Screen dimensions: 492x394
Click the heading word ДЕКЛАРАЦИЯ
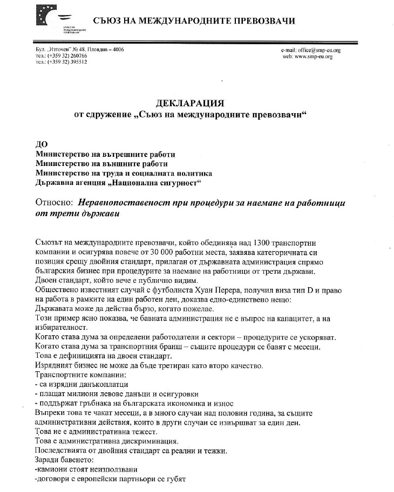[x=189, y=103]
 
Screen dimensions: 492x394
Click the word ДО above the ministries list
[x=41, y=145]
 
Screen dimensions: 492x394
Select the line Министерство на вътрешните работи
[x=105, y=154]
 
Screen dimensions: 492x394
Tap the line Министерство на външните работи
[x=101, y=164]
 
